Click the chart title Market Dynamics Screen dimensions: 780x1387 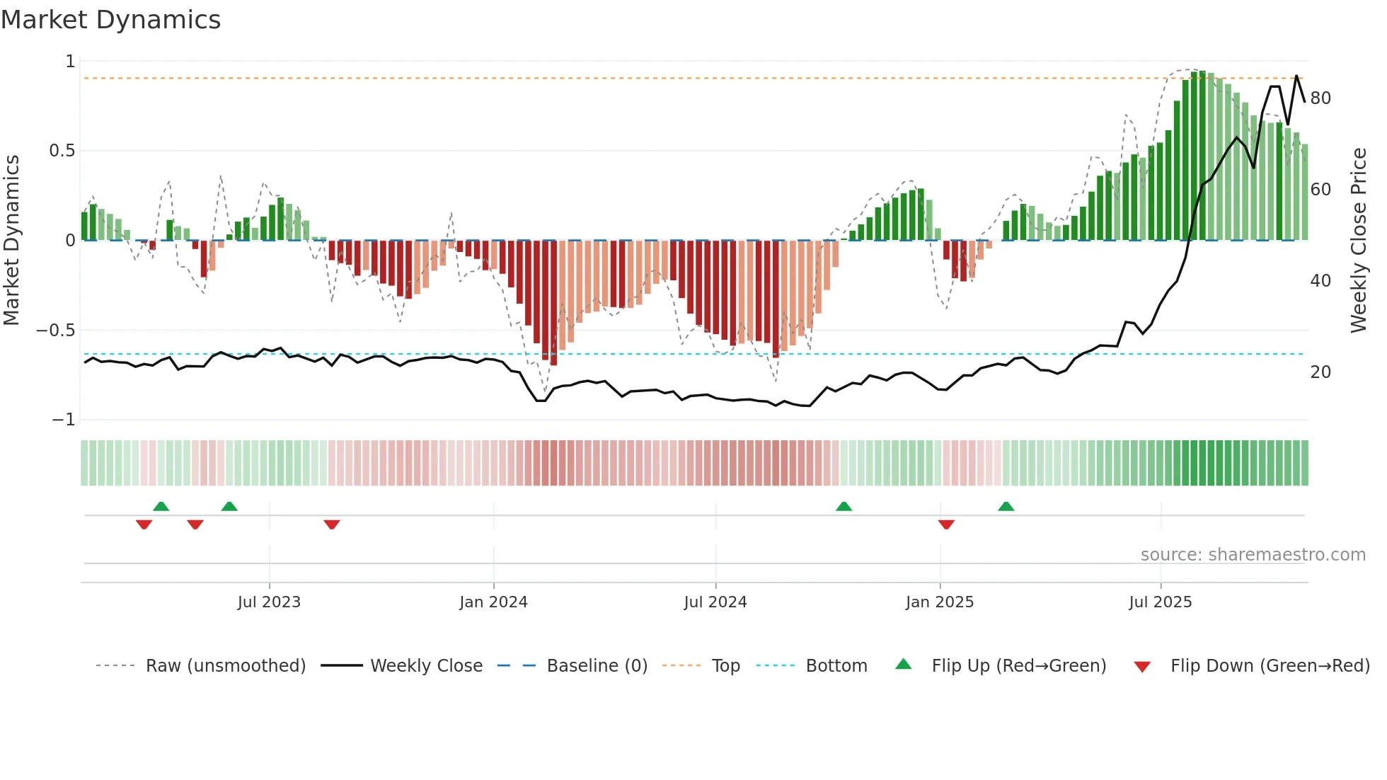point(110,20)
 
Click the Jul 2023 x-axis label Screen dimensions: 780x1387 point(269,602)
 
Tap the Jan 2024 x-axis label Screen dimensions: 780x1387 point(493,602)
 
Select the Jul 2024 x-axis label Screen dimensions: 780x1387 point(715,602)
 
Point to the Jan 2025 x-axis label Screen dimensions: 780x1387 point(940,602)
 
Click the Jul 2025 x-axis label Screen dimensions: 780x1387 point(1161,602)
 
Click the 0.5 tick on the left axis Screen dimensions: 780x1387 point(62,151)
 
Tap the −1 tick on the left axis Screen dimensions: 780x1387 point(64,420)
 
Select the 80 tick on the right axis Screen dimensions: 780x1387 point(1320,98)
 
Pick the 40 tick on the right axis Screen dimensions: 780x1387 point(1320,281)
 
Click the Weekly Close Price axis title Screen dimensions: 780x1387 point(1359,241)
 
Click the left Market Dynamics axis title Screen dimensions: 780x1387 point(11,241)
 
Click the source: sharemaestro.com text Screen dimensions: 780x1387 point(1253,555)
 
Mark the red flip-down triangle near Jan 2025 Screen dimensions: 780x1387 point(946,524)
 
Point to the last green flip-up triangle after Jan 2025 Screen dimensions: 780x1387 point(1006,506)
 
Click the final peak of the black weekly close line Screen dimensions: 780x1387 point(1296,76)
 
